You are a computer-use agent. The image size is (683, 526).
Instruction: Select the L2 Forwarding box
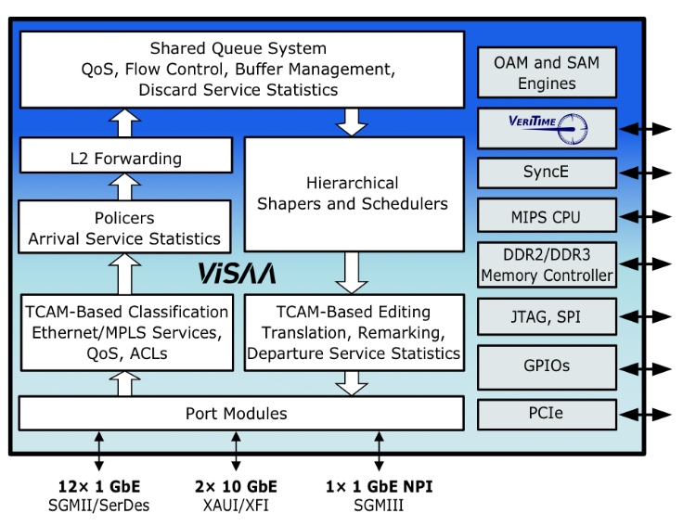tap(125, 157)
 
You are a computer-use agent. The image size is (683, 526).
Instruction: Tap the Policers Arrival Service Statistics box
tap(125, 228)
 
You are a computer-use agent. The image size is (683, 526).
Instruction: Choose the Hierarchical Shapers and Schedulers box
tap(353, 193)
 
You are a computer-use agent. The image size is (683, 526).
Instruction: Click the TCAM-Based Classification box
tap(125, 331)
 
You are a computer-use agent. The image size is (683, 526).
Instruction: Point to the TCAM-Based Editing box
tap(353, 331)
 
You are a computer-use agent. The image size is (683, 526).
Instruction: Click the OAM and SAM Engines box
tap(547, 73)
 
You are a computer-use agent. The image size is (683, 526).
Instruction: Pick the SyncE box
tap(547, 173)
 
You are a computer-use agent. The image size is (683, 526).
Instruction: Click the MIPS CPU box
tap(547, 218)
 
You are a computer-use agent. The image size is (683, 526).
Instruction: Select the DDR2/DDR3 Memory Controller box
tap(547, 265)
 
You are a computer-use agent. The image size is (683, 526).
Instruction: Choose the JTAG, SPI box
tap(547, 317)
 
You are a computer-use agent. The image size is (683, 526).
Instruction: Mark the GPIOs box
tap(547, 366)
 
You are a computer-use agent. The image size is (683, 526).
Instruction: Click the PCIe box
tap(547, 414)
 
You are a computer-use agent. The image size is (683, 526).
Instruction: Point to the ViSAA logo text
tap(237, 274)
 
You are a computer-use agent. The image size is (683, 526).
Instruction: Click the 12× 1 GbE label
tap(98, 486)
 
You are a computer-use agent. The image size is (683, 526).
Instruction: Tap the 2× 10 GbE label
tap(236, 486)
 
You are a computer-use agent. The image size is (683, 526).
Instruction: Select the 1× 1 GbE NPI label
tap(379, 486)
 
